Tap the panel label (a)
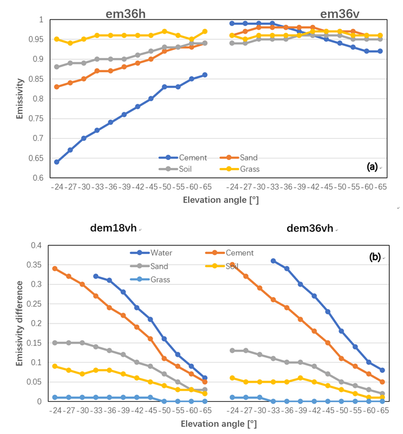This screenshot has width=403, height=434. (x=372, y=167)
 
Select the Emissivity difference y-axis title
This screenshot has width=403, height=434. (x=20, y=323)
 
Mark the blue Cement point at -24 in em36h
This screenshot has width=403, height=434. (x=56, y=162)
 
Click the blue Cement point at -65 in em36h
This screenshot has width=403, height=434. (x=204, y=75)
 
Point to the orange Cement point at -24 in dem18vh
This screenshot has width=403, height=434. (x=55, y=268)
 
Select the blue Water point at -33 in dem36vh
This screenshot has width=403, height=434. (x=273, y=261)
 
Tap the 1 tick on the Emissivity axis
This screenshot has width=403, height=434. (x=41, y=20)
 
